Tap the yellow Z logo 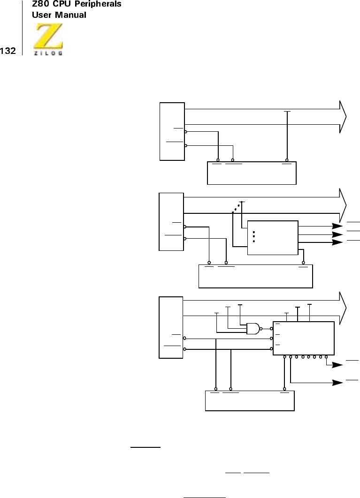[48, 38]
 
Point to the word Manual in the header [70, 15]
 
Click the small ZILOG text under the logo [48, 53]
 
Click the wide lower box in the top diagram [252, 173]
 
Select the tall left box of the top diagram [172, 131]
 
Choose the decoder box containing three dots [272, 237]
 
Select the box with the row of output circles [303, 338]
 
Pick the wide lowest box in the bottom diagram [250, 400]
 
